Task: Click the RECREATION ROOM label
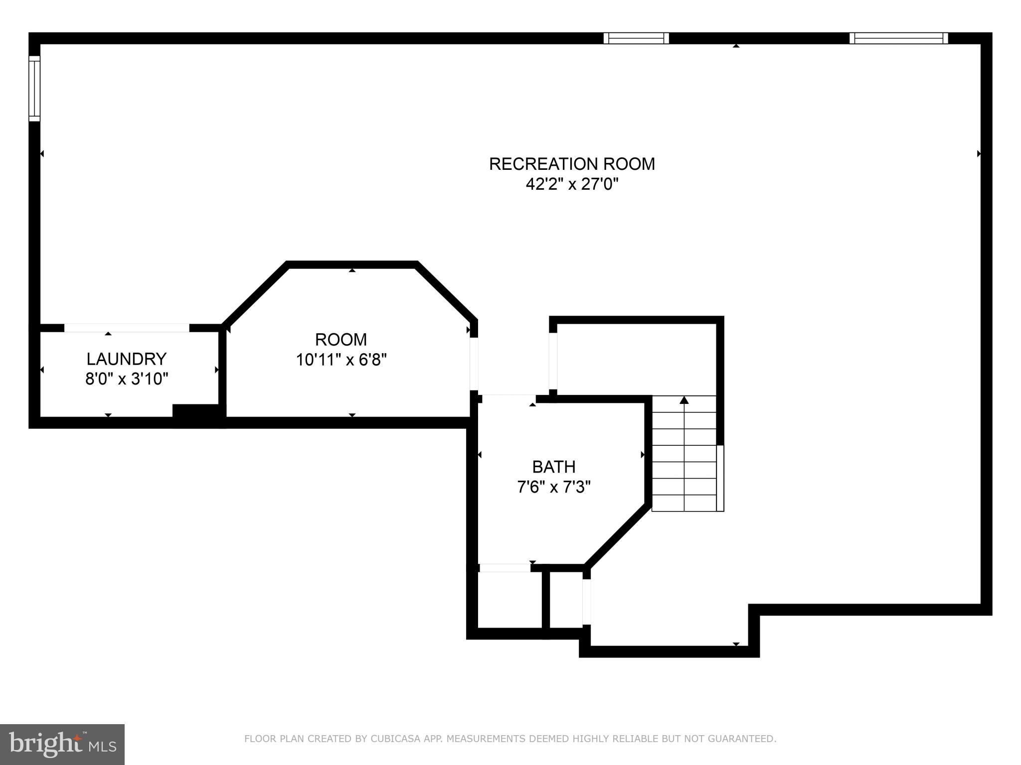tap(572, 164)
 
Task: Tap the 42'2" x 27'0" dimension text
tap(572, 185)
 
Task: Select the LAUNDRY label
tap(126, 359)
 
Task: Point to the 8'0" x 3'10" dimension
tap(126, 379)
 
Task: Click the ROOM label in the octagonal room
tap(341, 340)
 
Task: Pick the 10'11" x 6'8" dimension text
tap(341, 360)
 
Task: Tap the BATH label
tap(553, 467)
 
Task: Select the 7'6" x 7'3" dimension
tap(553, 487)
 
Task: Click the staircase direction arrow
tap(684, 400)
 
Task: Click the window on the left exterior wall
tap(34, 88)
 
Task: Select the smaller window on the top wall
tap(636, 38)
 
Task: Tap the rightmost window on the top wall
tap(898, 38)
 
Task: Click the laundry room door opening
tap(127, 328)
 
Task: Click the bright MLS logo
tap(62, 745)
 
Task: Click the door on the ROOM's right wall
tap(474, 364)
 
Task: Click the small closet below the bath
tap(510, 600)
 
